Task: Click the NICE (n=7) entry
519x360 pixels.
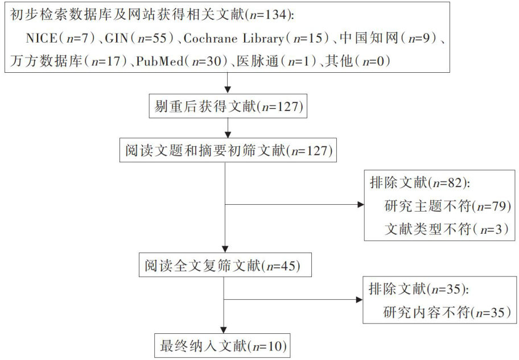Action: click(60, 38)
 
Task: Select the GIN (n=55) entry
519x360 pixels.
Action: click(139, 38)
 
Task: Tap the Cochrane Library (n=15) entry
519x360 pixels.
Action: click(256, 38)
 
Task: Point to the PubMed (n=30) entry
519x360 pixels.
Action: click(182, 61)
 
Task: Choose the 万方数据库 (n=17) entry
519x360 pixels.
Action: click(68, 61)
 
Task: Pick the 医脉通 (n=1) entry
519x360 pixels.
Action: click(276, 61)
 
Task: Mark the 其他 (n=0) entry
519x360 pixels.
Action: click(357, 61)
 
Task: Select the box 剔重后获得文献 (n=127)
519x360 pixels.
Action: click(228, 106)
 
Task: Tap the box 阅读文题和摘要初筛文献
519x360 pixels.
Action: click(228, 151)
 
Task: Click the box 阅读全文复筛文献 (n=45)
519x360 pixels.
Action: click(225, 266)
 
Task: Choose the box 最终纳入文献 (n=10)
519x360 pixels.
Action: click(223, 346)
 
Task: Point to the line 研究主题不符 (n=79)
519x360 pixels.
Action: click(447, 206)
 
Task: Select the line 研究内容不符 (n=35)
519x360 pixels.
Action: click(447, 312)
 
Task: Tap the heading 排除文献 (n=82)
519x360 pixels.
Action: click(419, 183)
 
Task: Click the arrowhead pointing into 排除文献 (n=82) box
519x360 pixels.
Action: click(361, 205)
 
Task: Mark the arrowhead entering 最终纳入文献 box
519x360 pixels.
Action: click(224, 330)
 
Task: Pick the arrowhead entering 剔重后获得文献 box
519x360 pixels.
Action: click(228, 90)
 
